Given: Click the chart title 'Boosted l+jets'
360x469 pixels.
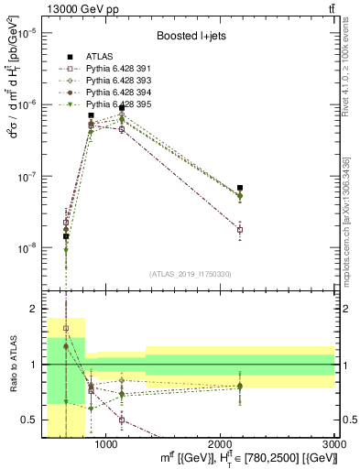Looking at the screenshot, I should click(x=190, y=38).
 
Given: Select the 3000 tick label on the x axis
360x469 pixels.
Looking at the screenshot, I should click(x=334, y=444).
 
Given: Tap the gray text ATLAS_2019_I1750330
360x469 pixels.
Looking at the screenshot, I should click(x=190, y=274).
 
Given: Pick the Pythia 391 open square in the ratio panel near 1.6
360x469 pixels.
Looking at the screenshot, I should click(x=65, y=328).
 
